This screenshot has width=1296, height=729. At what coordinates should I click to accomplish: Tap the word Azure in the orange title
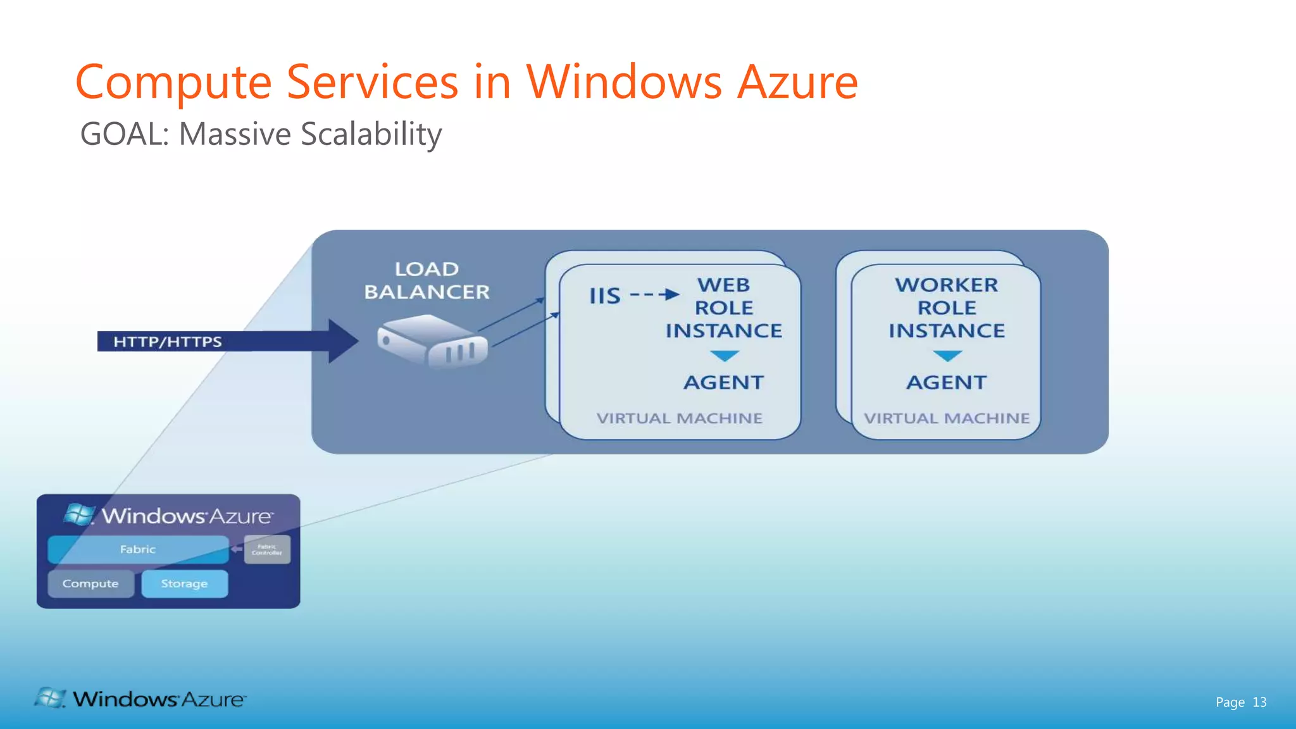point(797,83)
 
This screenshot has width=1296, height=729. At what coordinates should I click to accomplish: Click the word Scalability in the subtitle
point(371,135)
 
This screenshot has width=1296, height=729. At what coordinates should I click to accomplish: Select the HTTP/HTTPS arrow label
point(168,342)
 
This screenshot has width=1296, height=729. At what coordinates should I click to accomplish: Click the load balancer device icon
point(432,342)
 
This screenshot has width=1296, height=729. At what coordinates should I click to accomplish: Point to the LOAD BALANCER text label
point(427,280)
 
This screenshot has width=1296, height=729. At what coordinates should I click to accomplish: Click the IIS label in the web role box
point(604,296)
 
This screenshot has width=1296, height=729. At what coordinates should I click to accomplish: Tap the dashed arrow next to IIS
point(654,295)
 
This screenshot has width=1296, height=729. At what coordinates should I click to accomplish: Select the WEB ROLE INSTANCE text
point(723,308)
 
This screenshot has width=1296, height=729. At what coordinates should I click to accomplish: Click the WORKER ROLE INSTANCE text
point(946,308)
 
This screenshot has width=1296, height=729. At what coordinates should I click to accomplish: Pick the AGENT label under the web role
point(723,383)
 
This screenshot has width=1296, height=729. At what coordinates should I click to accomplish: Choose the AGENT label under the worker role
point(946,383)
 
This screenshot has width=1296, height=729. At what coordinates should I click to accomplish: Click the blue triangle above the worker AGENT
point(947,356)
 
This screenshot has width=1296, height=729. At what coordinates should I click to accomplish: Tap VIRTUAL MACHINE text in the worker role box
point(946,418)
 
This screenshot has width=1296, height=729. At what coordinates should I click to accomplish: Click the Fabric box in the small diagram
point(138,549)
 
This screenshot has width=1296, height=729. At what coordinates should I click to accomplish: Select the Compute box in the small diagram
point(90,583)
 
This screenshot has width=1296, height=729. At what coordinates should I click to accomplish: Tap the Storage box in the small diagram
point(184,583)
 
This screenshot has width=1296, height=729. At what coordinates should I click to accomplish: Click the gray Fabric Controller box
point(267,549)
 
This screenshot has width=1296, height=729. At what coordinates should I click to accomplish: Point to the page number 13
point(1259,702)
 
